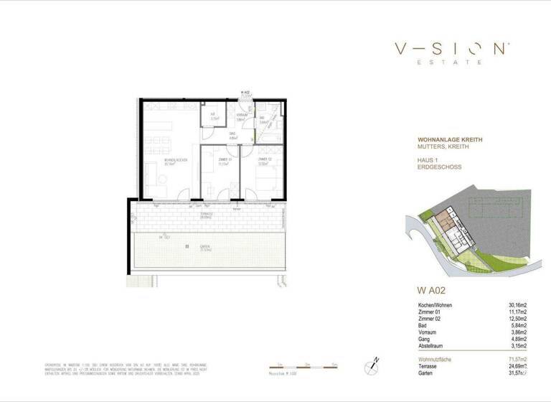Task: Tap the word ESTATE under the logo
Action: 452,63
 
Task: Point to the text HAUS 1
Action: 430,159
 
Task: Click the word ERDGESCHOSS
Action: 439,167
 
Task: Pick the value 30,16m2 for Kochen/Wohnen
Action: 514,305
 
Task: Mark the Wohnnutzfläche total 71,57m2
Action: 514,358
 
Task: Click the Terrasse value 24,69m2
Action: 514,365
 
